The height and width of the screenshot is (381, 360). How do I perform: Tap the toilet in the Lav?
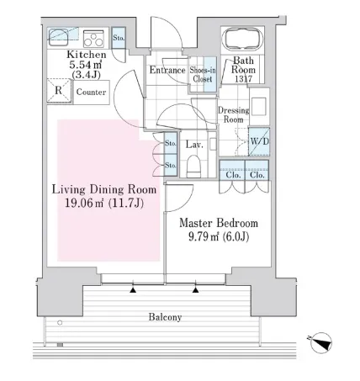coord(194,166)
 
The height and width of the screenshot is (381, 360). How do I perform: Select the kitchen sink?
coord(58,37)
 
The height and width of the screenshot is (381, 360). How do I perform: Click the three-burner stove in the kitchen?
coord(93,39)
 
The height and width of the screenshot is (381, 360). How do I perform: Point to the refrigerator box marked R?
coord(59,91)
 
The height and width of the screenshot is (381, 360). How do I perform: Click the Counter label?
coord(91,92)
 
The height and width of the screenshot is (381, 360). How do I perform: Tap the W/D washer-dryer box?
coord(259,141)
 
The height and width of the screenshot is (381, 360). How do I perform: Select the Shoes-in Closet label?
coord(203,75)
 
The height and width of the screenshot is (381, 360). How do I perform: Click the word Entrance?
coord(167,70)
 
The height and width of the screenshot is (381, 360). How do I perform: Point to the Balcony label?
coord(165,317)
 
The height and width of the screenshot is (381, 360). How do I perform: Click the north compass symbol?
coord(321,342)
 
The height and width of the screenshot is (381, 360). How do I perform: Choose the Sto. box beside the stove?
coord(119,38)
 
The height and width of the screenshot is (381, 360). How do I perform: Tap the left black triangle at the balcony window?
coord(133,290)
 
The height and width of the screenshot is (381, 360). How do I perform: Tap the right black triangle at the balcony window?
coord(196,290)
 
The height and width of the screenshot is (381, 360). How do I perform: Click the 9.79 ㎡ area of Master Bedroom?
coord(204,237)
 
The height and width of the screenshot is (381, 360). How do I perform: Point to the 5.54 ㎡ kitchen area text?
coord(85,65)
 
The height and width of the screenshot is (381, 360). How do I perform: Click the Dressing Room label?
coord(234,114)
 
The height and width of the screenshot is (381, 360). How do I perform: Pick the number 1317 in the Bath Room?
coord(243,79)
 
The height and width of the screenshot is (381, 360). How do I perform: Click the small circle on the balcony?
coord(60,323)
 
